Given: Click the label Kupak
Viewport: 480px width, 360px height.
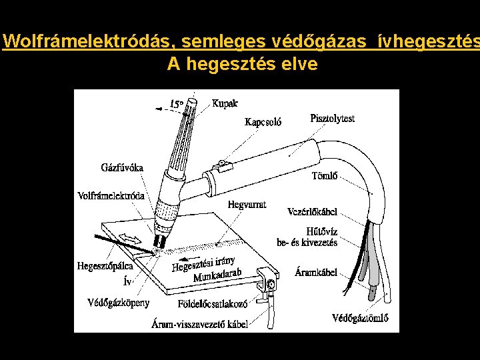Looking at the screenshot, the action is tap(225, 103).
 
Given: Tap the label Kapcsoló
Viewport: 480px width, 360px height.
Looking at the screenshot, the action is tap(263, 122).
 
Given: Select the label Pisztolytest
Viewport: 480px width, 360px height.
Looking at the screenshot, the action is tap(332, 119).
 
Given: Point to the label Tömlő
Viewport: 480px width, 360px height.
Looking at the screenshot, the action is tap(325, 177).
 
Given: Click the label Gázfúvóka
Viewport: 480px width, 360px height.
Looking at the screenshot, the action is tap(121, 167).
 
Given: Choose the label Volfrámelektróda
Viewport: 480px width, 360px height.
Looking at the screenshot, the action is tap(111, 196).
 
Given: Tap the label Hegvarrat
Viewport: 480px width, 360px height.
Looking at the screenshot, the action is tap(247, 204).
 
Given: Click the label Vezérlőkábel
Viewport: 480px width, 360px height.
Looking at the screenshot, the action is tap(312, 212).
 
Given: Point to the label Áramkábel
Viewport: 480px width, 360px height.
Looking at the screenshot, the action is tap(316, 273).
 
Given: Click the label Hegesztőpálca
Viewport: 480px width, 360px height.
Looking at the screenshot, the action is tap(105, 265).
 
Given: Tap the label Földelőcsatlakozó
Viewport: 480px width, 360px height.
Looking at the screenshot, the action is tap(213, 303).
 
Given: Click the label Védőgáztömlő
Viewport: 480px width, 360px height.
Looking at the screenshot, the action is tap(361, 317).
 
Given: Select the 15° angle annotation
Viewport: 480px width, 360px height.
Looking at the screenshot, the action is tap(177, 104).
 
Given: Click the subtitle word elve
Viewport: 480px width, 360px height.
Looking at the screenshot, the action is tap(298, 64).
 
